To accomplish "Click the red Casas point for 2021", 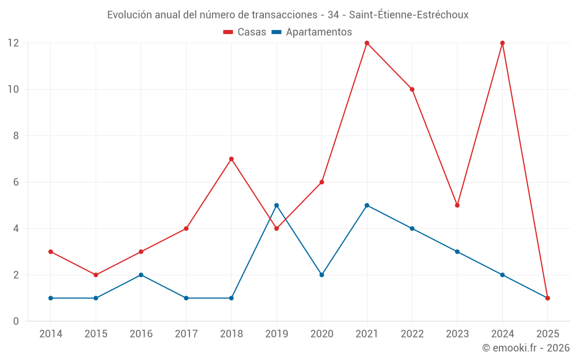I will (x=367, y=43).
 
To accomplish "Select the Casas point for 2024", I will (x=502, y=43).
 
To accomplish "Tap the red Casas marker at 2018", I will (x=232, y=159).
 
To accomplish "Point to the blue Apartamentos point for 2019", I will (x=276, y=205).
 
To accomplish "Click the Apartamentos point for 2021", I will (x=367, y=205).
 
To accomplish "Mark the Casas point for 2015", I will (x=96, y=275).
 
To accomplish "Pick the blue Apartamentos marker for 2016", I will (x=141, y=275).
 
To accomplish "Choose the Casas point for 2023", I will (x=457, y=205).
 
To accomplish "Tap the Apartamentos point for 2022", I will (x=412, y=229).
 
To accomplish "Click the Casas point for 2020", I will (x=322, y=182).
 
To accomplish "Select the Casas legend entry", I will (x=245, y=32).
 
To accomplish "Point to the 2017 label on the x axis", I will (x=186, y=334).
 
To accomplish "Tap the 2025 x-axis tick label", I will (x=548, y=334).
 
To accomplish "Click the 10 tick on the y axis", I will (x=13, y=89).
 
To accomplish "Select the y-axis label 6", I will (x=16, y=182).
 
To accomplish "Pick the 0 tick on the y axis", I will (x=16, y=321).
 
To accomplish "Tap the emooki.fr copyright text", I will (x=526, y=348).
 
